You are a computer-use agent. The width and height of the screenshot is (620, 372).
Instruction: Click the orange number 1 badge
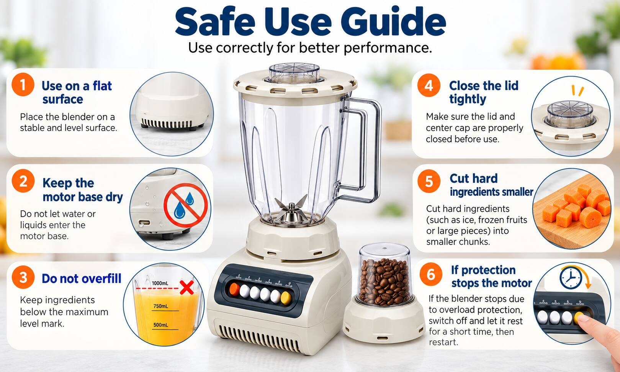pos(23,85)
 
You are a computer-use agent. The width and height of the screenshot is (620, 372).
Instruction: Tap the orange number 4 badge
pos(429,85)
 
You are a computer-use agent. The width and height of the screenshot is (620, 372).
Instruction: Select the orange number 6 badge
pos(431,274)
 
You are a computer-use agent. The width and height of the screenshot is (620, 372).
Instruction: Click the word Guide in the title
pos(393,22)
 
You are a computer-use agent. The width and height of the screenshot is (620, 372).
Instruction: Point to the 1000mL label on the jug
pos(160,284)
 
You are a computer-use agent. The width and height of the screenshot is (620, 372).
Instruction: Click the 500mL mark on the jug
pos(160,324)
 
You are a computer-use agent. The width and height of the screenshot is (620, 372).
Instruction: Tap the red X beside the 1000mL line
pos(187,287)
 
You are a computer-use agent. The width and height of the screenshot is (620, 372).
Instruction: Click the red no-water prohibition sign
pos(185,205)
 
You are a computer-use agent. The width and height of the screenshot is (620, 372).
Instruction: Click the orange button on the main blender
pos(235,289)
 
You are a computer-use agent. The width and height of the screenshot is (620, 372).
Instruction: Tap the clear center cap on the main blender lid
pos(294,72)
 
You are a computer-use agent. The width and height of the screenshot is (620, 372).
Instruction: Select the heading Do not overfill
pos(81,279)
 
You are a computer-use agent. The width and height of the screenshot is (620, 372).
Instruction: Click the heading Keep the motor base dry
pos(82,190)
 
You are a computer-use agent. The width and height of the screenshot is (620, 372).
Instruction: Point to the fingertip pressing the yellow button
pos(584,318)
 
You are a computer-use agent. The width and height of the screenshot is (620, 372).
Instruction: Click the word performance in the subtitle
pos(388,48)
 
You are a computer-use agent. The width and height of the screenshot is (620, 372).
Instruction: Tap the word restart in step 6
pos(443,343)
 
